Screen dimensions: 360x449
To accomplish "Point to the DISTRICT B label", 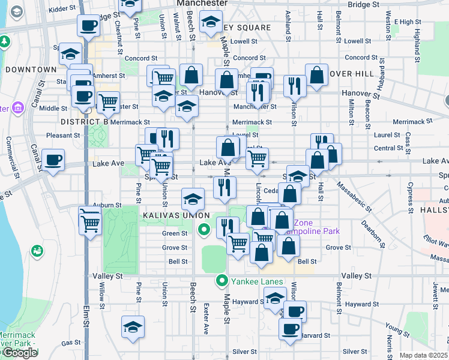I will click(x=84, y=122).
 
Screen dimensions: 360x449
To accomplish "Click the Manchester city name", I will click(x=202, y=3).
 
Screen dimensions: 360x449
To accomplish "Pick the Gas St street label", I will click(x=71, y=343).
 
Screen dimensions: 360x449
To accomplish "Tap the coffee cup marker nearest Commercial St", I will click(x=53, y=160).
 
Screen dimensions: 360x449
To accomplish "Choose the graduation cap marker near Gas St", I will click(x=133, y=327).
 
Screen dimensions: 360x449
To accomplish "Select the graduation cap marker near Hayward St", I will click(x=275, y=297).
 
